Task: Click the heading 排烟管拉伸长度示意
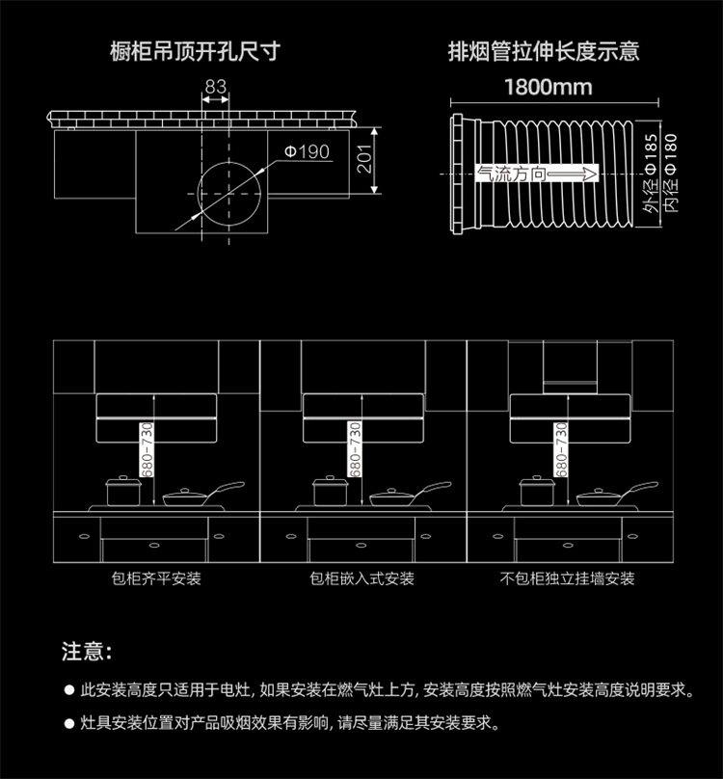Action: click(544, 51)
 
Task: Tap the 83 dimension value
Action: click(215, 88)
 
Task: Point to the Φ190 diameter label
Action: click(307, 151)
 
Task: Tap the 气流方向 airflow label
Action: click(512, 175)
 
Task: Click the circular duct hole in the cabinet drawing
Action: click(229, 191)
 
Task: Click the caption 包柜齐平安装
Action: click(156, 578)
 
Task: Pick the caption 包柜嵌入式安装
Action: click(362, 578)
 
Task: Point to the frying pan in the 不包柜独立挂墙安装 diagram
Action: click(603, 497)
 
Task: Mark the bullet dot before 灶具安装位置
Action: click(68, 722)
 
